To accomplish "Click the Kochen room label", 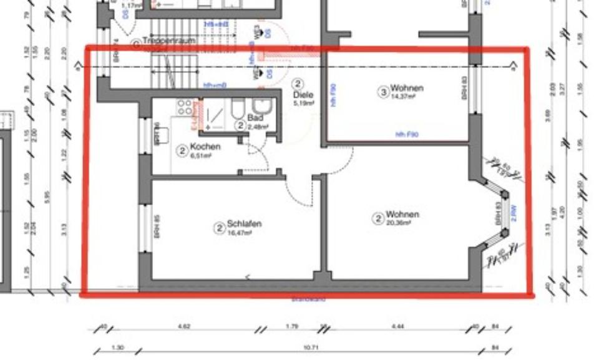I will click(x=205, y=147).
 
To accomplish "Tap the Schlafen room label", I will click(x=244, y=223).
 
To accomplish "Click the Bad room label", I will click(x=255, y=117).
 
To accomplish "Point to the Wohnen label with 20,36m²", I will click(x=402, y=215).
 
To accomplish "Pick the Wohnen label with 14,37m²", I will click(x=407, y=89).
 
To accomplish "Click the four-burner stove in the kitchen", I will click(x=184, y=107).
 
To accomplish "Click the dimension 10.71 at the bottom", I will click(x=310, y=348).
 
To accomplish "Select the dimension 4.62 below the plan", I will click(x=184, y=326).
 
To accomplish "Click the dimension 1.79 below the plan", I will click(x=292, y=326).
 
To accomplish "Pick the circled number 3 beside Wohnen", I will click(x=384, y=93).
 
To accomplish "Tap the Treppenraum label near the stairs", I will click(x=168, y=41).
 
